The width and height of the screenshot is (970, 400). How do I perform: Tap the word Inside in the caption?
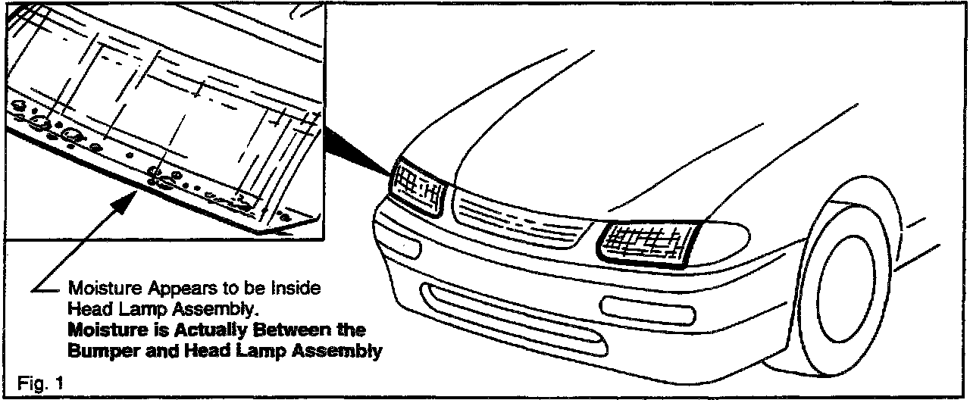coord(298,289)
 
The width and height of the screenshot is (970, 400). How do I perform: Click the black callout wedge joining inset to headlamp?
coord(356,148)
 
